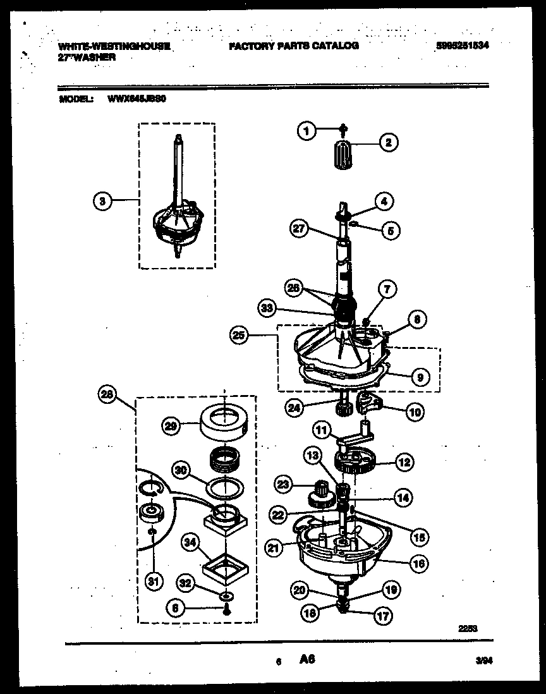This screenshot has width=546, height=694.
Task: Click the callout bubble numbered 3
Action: (102, 202)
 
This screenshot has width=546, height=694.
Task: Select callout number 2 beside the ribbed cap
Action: (387, 143)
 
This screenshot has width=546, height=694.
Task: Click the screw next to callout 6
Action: (224, 610)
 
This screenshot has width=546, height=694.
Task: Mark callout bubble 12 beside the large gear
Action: (404, 462)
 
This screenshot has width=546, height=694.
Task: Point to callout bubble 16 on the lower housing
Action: (418, 562)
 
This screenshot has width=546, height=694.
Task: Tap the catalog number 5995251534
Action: (463, 46)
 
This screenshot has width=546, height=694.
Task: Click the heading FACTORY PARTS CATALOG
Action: (293, 46)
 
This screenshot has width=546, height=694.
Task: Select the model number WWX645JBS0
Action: (137, 99)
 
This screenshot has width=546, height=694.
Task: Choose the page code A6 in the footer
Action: (306, 660)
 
